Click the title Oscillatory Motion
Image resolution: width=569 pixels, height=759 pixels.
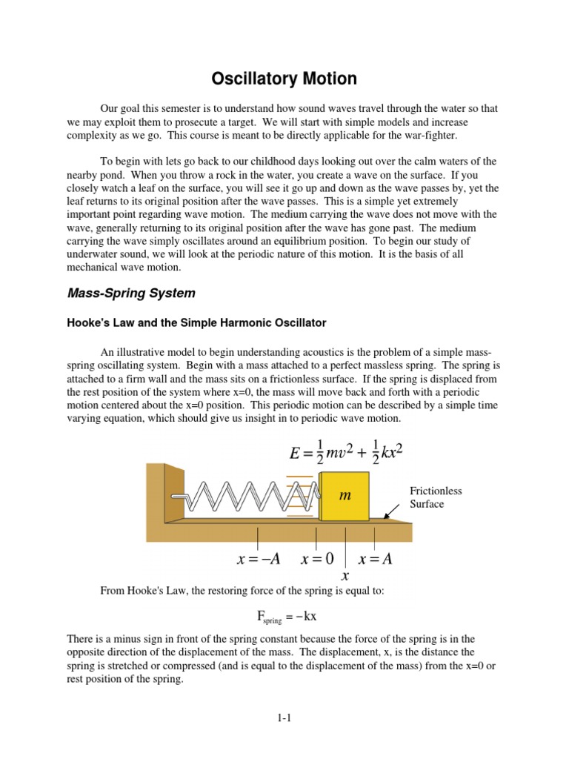pos(284,78)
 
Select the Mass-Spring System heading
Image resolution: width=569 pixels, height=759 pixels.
pos(131,293)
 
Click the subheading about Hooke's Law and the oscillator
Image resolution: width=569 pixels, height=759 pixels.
pos(196,323)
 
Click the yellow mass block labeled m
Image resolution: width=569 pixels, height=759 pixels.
pos(345,494)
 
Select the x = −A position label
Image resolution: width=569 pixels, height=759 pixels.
pos(258,559)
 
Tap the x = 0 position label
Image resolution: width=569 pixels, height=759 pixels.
pos(318,559)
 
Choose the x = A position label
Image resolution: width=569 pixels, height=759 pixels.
pos(375,559)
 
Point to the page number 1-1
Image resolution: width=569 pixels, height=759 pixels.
pos(284,717)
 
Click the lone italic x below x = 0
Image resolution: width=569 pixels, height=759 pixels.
pos(344,575)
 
